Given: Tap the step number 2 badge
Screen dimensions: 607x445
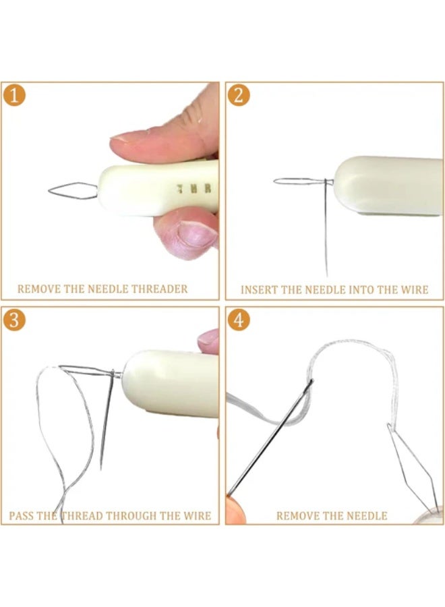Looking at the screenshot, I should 237,94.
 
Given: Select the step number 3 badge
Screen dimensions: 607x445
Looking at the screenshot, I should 14,320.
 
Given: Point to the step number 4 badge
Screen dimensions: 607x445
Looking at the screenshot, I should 237,320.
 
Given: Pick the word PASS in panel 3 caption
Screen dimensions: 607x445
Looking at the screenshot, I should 22,516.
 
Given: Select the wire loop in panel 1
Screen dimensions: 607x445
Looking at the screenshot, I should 71,190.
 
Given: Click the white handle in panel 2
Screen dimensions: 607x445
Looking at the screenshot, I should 388,186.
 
